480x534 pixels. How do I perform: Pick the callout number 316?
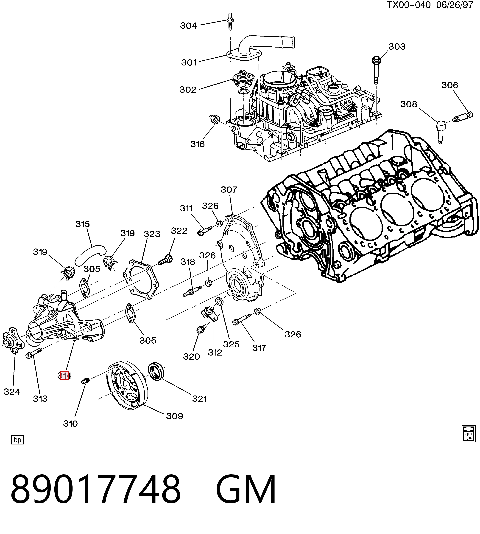click(x=197, y=144)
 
